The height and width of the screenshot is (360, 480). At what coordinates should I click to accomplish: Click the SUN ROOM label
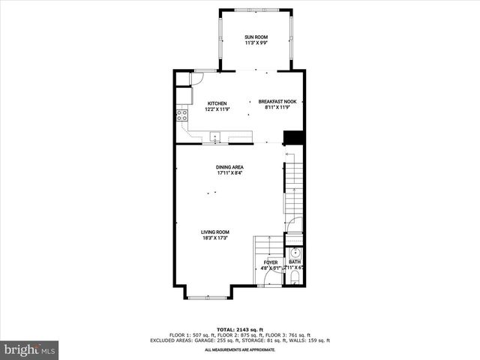pos(256,37)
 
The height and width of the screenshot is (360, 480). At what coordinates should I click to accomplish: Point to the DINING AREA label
pos(229,166)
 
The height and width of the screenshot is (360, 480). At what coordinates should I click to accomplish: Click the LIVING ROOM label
pos(214,232)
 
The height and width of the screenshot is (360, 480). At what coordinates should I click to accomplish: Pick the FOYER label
pos(270,262)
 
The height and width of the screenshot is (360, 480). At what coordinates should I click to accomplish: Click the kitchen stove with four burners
pos(181,115)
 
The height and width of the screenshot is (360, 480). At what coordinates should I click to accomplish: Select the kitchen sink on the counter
pos(214,137)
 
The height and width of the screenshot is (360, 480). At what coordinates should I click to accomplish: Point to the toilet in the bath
pos(294,278)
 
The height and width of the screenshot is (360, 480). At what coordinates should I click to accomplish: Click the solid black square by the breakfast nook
pos(292,138)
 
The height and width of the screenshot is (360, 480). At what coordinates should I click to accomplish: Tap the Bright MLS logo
pos(30,349)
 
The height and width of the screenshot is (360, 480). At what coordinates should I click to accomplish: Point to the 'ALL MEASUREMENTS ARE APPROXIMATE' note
pos(240,349)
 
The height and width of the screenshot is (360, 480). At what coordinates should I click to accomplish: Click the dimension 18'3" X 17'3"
pos(214,238)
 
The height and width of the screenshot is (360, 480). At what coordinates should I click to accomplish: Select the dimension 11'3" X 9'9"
pos(256,43)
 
